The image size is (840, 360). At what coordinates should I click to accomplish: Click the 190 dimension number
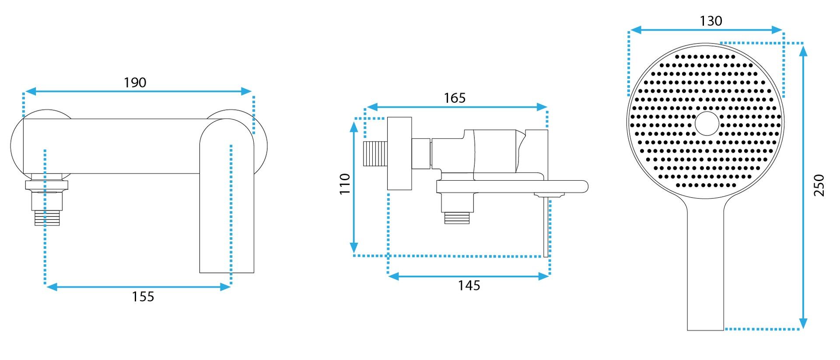click(135, 82)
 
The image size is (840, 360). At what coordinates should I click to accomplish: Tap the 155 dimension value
click(143, 297)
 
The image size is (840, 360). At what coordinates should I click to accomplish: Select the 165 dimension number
click(455, 98)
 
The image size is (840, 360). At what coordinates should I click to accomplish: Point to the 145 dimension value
click(469, 285)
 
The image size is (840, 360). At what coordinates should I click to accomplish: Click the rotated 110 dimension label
click(345, 184)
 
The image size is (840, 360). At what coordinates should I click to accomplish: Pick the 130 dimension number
click(711, 21)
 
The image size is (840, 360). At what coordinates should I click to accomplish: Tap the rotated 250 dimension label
click(819, 185)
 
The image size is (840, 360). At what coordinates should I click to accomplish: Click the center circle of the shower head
click(707, 123)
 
